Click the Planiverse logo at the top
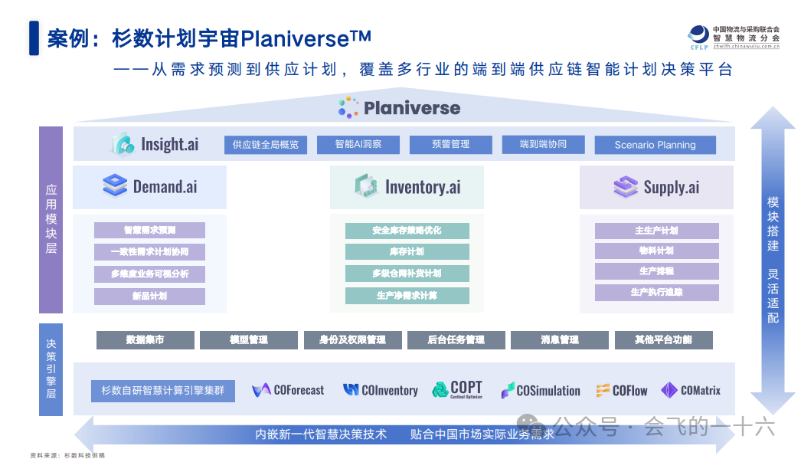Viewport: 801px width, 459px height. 400,108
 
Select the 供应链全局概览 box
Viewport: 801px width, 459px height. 266,144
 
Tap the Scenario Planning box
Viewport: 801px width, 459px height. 655,145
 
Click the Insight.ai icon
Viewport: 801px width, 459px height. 123,144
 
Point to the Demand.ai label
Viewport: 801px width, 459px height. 165,186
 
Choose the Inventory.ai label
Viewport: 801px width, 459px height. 422,187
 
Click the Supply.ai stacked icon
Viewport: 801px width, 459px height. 626,186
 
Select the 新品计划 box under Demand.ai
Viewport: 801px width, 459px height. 149,296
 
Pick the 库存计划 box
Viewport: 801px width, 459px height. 407,251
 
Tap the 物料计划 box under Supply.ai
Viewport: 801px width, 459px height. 656,251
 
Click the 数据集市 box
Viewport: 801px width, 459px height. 145,340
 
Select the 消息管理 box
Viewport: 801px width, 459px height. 559,340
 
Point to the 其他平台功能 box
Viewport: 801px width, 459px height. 663,340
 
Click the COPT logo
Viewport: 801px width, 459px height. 456,389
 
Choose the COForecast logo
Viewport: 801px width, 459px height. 288,390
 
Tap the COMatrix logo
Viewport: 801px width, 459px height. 691,390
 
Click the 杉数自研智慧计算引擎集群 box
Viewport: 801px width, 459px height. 163,390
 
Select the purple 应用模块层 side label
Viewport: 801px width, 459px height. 51,219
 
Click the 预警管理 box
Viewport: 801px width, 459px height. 450,144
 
